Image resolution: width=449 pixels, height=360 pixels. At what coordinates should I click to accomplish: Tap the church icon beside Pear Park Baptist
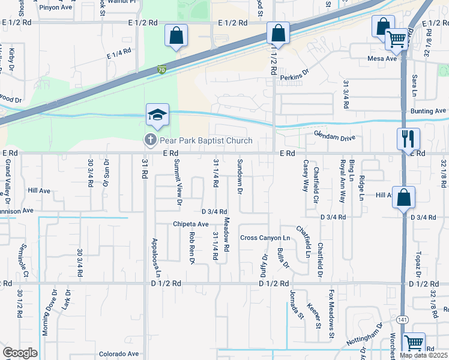click(x=149, y=140)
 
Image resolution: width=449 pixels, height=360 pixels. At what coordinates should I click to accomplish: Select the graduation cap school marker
click(x=157, y=115)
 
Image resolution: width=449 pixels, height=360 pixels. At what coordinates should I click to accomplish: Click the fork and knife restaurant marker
click(x=408, y=139)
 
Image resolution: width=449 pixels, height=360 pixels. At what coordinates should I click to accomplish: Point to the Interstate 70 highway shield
click(x=161, y=70)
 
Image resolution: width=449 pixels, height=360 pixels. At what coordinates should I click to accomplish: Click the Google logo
click(x=20, y=353)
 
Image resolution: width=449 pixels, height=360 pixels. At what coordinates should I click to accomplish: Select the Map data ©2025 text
click(x=423, y=355)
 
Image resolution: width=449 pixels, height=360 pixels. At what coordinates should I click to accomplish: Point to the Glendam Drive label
click(x=335, y=137)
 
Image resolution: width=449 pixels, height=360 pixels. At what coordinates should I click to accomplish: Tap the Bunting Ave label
click(x=428, y=111)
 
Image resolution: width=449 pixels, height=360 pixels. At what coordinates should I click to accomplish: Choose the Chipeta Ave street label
click(x=190, y=224)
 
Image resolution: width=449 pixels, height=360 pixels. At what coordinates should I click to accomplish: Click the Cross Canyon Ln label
click(x=265, y=238)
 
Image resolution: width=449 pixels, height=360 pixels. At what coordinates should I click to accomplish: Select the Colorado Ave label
click(x=119, y=354)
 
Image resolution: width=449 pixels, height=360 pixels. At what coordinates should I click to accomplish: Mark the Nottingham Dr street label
click(x=364, y=338)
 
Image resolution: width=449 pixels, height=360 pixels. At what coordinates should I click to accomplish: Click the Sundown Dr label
click(x=240, y=176)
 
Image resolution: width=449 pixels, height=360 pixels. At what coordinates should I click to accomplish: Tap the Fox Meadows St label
click(x=331, y=315)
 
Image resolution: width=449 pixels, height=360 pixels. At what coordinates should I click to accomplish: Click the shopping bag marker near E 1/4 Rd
click(x=176, y=35)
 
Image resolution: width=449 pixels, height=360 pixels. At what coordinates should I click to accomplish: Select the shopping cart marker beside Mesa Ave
click(x=396, y=40)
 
